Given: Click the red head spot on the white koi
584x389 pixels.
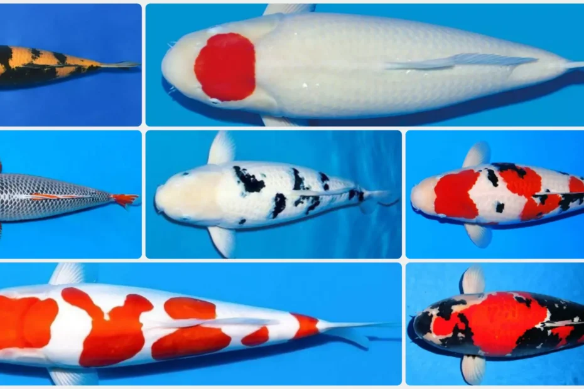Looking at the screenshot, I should (225, 67).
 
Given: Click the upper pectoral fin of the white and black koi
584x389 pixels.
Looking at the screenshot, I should (222, 149).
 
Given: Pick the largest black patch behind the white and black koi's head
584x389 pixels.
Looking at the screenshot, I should (250, 180).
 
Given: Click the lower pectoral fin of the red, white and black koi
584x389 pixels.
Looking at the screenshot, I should (479, 235).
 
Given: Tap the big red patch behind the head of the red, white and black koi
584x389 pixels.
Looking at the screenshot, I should (455, 194).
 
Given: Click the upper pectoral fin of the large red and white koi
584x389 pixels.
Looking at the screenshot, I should (68, 274).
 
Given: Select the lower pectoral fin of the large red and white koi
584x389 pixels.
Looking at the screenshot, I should (72, 376).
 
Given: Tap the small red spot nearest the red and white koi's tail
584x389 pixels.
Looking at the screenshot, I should (306, 325).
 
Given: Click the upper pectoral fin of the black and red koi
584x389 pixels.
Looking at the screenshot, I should (472, 280).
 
